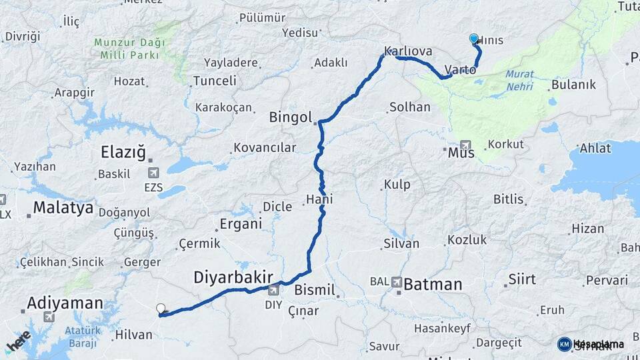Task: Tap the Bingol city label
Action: coord(290,118)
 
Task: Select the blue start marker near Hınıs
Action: coord(474,39)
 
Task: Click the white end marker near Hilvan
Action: coord(161,308)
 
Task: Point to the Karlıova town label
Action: coord(408,51)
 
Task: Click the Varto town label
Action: coord(460,69)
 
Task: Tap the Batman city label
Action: coord(433,285)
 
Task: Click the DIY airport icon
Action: coord(273,291)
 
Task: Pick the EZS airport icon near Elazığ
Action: coord(153,174)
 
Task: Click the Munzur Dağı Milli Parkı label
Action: coord(129,49)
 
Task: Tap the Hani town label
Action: coord(319,199)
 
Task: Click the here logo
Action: coord(18,341)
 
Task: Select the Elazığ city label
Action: coord(123,153)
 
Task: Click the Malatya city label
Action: coord(63,207)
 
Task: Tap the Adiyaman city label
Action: coord(65,304)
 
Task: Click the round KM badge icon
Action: coord(564,344)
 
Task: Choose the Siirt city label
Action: coord(521,279)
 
